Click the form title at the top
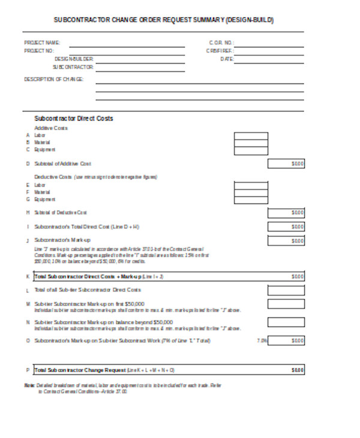[163, 20]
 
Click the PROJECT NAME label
[42, 43]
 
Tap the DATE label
[226, 59]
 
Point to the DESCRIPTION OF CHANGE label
[53, 79]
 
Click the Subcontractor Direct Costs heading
[74, 119]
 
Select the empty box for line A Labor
[251, 136]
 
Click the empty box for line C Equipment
[251, 151]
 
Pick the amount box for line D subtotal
[286, 163]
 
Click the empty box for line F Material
[251, 192]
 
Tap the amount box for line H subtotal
[286, 212]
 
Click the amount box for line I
[286, 227]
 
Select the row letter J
[28, 241]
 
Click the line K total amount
[297, 277]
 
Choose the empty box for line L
[286, 290]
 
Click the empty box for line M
[286, 304]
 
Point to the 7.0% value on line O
[261, 341]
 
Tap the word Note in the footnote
[28, 385]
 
